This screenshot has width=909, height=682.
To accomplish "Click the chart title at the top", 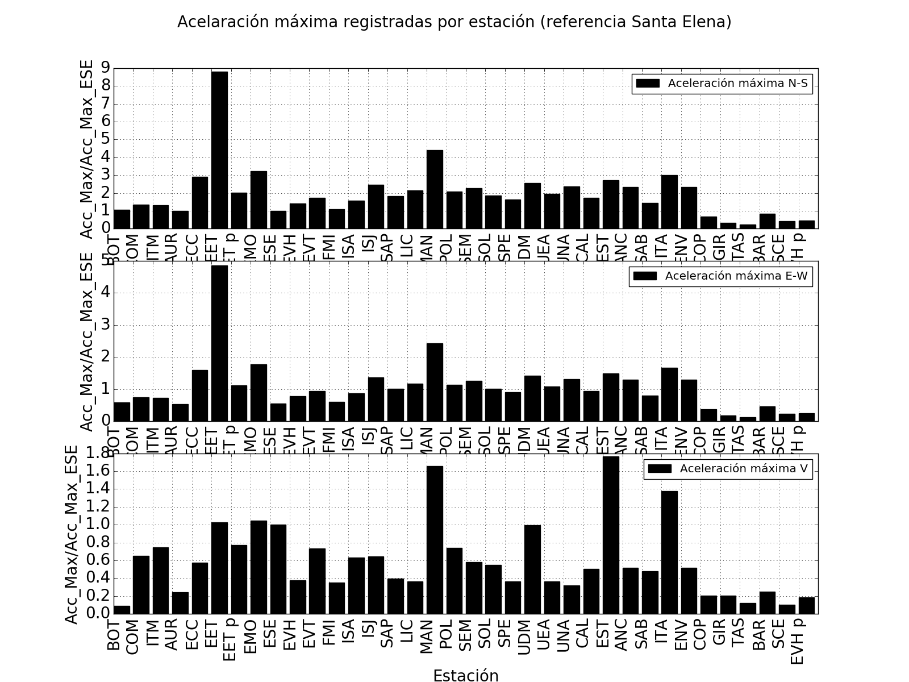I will click(x=454, y=22).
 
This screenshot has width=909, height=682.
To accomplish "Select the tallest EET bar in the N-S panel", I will click(x=219, y=150).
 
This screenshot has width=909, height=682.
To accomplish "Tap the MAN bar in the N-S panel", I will click(x=435, y=189).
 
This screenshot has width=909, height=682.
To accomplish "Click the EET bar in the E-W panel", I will click(x=219, y=343).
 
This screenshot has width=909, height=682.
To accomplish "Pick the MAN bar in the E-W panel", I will click(x=435, y=382).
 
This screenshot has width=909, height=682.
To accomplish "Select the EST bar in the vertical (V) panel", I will click(x=611, y=535).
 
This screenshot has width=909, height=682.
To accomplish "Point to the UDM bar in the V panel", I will click(x=532, y=569).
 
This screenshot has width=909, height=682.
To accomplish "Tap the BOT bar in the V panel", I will click(x=122, y=610).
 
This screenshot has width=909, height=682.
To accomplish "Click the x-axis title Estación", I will click(x=465, y=675).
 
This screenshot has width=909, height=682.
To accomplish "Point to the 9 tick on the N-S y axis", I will click(x=105, y=68).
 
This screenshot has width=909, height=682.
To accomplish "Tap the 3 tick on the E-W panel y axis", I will click(x=105, y=326).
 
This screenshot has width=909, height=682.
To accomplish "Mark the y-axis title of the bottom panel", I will click(x=72, y=534).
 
